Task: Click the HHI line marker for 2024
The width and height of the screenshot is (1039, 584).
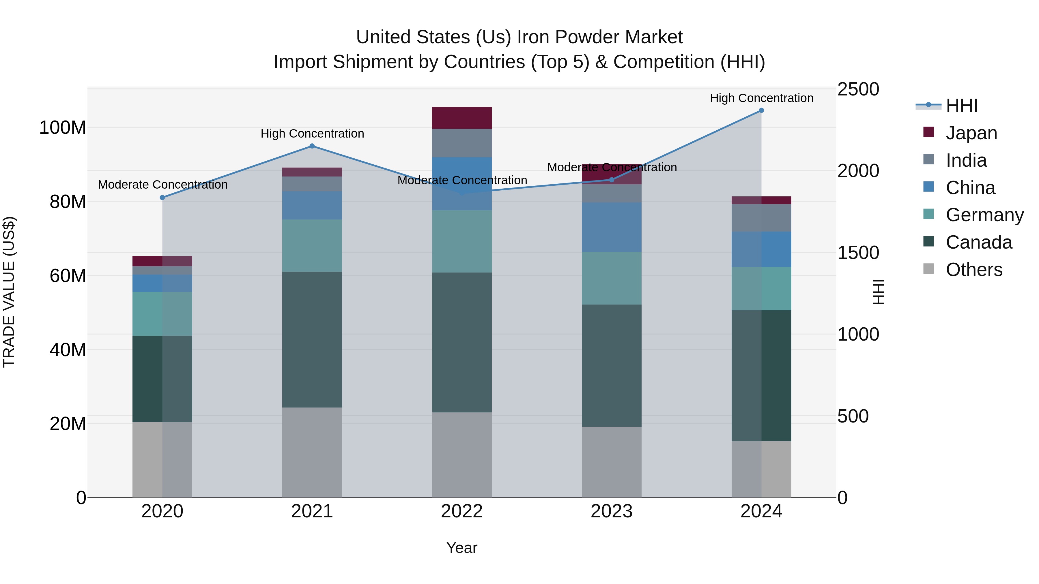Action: pyautogui.click(x=761, y=110)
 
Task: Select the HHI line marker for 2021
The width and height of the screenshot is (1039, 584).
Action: pyautogui.click(x=312, y=146)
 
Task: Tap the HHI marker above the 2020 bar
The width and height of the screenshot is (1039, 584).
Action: pyautogui.click(x=162, y=198)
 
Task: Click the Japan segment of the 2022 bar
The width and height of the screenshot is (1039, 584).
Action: pyautogui.click(x=462, y=118)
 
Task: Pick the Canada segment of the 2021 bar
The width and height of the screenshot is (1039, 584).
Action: pyautogui.click(x=312, y=339)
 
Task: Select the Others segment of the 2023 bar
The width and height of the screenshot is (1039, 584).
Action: pyautogui.click(x=612, y=462)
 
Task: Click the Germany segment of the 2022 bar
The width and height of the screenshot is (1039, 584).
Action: pyautogui.click(x=462, y=241)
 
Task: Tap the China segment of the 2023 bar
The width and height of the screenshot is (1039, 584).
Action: pyautogui.click(x=612, y=227)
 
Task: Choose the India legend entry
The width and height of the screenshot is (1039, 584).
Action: pyautogui.click(x=966, y=160)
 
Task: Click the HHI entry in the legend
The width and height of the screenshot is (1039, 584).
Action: pyautogui.click(x=962, y=106)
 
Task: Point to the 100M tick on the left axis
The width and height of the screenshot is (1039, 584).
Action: pyautogui.click(x=63, y=128)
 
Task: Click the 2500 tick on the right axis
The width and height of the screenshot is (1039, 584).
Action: pyautogui.click(x=858, y=89)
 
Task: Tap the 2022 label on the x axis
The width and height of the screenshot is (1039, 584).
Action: pyautogui.click(x=462, y=511)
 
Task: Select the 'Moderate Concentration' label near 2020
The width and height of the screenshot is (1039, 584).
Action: pyautogui.click(x=162, y=185)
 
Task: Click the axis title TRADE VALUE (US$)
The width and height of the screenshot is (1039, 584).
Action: pyautogui.click(x=9, y=292)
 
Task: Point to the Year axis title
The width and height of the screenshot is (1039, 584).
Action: pyautogui.click(x=462, y=548)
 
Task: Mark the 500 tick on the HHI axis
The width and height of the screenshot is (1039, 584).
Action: pyautogui.click(x=853, y=416)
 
